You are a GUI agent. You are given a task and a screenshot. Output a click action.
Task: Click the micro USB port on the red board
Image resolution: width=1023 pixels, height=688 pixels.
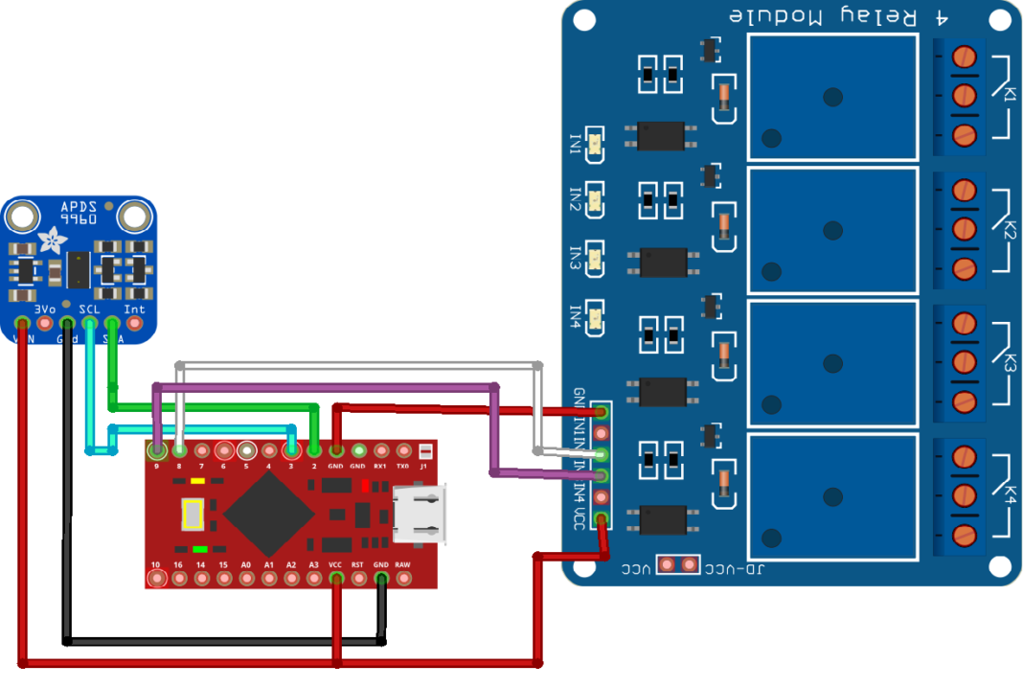coord(420,514)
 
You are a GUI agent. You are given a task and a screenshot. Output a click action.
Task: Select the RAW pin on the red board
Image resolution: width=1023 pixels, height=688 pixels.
coord(403,579)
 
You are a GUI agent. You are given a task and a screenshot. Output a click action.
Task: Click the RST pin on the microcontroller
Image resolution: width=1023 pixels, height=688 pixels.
coord(358,579)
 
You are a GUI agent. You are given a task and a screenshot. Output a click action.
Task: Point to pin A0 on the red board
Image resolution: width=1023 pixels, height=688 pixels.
coord(246,579)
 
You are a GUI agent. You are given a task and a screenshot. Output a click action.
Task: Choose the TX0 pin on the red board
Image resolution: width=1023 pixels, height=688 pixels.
coord(403,449)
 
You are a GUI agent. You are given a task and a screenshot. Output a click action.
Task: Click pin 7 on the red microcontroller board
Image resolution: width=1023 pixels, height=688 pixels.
coord(201,449)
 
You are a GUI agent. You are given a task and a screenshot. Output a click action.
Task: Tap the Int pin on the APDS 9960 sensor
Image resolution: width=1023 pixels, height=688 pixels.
coord(135,324)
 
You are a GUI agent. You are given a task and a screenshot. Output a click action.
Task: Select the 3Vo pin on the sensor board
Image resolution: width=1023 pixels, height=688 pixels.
coord(44,324)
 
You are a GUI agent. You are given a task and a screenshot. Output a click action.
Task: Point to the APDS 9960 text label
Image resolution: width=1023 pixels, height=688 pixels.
coord(78,213)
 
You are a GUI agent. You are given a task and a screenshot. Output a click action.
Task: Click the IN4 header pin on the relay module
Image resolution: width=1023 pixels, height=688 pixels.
coord(602,496)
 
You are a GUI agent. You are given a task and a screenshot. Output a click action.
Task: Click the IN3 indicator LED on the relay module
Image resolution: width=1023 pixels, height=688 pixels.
coord(595,258)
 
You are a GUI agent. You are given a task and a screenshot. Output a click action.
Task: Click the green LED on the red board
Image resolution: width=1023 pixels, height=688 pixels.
coord(199,549)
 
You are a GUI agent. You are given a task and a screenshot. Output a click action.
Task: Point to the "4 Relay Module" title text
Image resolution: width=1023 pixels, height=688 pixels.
coord(823,17)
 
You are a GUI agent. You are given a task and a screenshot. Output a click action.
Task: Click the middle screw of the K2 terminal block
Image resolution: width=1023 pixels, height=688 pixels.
coord(965,228)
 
